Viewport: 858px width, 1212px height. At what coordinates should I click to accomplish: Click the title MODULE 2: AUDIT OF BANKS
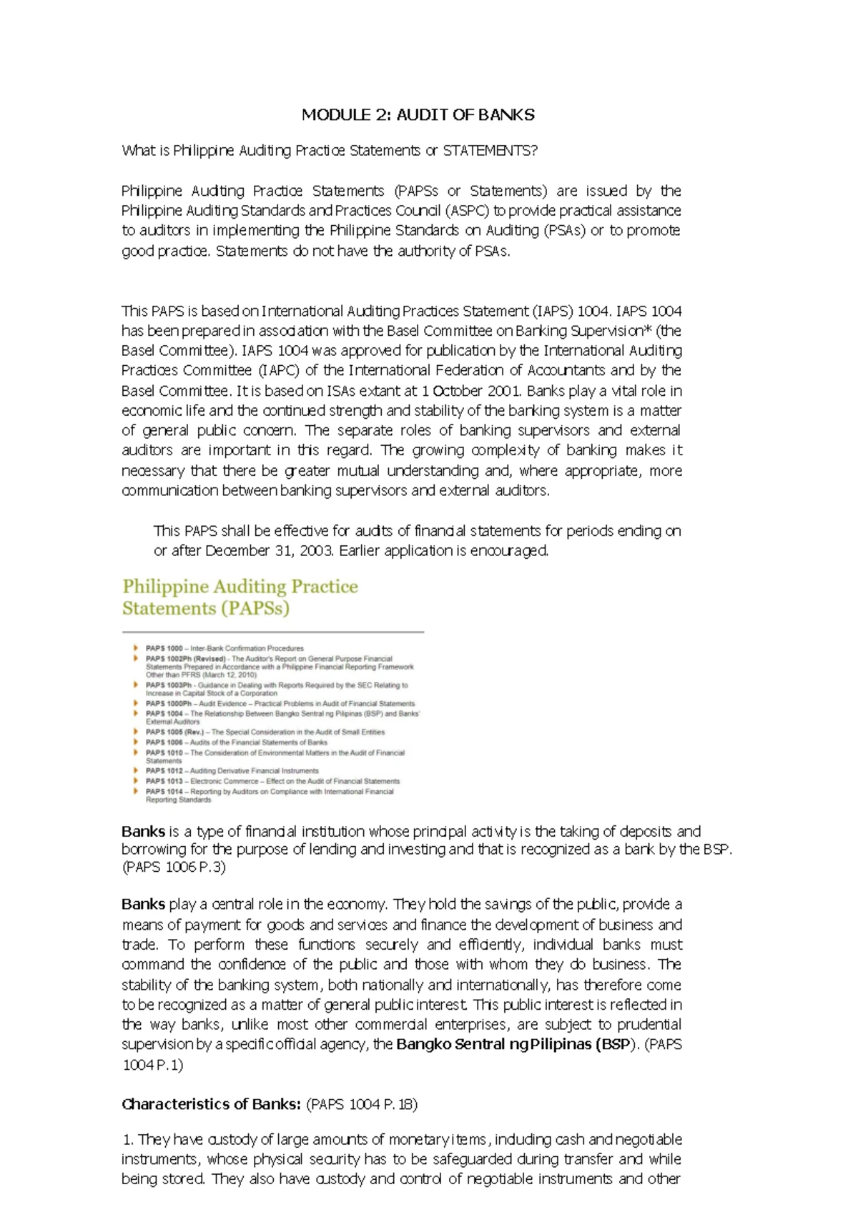418,115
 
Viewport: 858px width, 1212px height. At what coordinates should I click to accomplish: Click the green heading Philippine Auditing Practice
240,587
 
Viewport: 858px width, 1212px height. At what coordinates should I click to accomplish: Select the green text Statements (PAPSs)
206,609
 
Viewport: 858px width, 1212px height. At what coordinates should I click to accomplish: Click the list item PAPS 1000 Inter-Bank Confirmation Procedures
225,648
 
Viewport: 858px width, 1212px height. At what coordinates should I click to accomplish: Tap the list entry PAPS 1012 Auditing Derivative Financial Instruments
232,771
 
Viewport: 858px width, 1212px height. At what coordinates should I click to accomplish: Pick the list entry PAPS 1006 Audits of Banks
236,742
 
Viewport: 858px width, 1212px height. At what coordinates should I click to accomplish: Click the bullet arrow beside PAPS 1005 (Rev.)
135,732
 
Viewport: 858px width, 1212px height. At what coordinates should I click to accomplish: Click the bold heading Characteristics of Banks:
211,1104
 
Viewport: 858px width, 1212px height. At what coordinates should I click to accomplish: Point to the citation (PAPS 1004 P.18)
362,1104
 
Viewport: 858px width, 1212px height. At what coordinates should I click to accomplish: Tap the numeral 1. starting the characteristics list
128,1139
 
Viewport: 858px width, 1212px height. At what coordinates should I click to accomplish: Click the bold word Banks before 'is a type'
143,832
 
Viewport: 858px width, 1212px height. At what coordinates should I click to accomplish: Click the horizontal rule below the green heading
272,632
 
